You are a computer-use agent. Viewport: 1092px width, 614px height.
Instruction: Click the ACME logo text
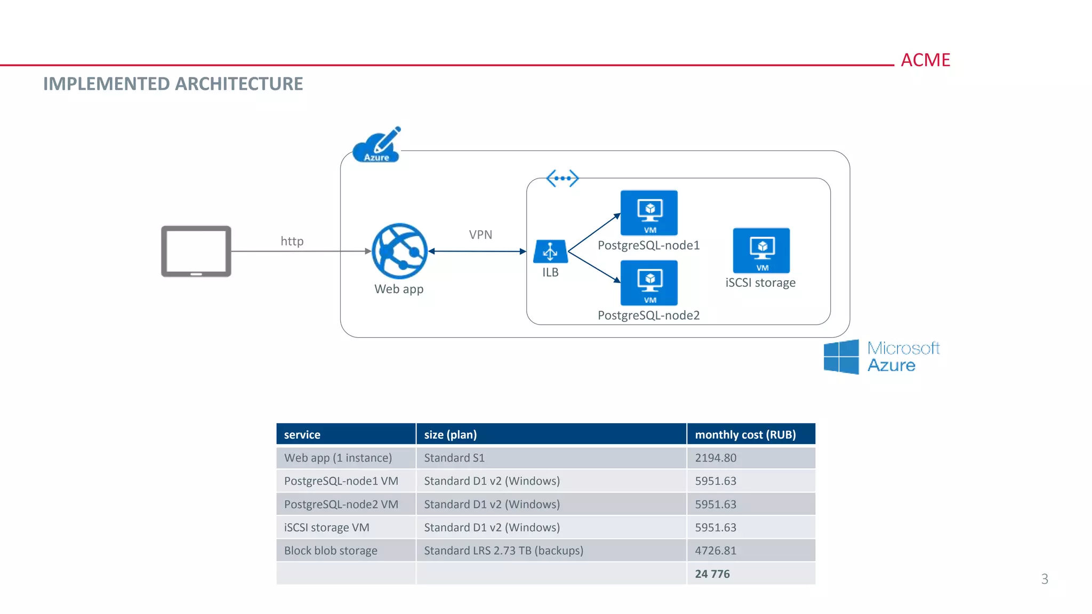[x=925, y=60]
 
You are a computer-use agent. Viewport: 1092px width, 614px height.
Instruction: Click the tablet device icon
[x=196, y=251]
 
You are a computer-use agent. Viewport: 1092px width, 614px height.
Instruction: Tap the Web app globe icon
[x=399, y=251]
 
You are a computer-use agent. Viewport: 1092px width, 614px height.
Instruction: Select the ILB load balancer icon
[x=550, y=252]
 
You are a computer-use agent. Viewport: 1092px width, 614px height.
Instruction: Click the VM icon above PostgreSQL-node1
[x=649, y=213]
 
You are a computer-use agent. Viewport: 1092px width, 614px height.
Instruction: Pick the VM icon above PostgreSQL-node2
[x=649, y=282]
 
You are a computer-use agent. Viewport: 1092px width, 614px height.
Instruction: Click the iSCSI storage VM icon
[x=761, y=251]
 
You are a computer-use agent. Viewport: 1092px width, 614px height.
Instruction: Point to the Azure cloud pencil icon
[x=377, y=145]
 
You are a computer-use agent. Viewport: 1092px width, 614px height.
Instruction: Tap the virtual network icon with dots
[x=563, y=178]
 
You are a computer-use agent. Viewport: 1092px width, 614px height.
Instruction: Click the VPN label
[x=480, y=235]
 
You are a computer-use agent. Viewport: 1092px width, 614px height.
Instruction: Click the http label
[x=292, y=241]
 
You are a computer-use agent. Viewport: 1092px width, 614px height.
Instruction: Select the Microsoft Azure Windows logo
[x=841, y=357]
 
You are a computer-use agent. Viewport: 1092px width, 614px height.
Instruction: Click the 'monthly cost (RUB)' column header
[x=745, y=434]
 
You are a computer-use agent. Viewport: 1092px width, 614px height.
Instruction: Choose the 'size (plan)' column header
[x=451, y=434]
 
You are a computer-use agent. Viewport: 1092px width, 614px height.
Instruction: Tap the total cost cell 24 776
[x=712, y=573]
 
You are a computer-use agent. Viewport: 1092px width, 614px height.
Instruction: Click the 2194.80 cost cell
[x=716, y=458]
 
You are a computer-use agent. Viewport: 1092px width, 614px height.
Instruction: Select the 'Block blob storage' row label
[x=331, y=551]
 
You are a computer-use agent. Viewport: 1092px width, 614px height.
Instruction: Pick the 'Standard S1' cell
[x=454, y=458]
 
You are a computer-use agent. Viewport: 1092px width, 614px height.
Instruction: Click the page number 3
[x=1045, y=579]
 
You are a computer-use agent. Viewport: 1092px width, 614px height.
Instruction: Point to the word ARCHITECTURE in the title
[x=239, y=84]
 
